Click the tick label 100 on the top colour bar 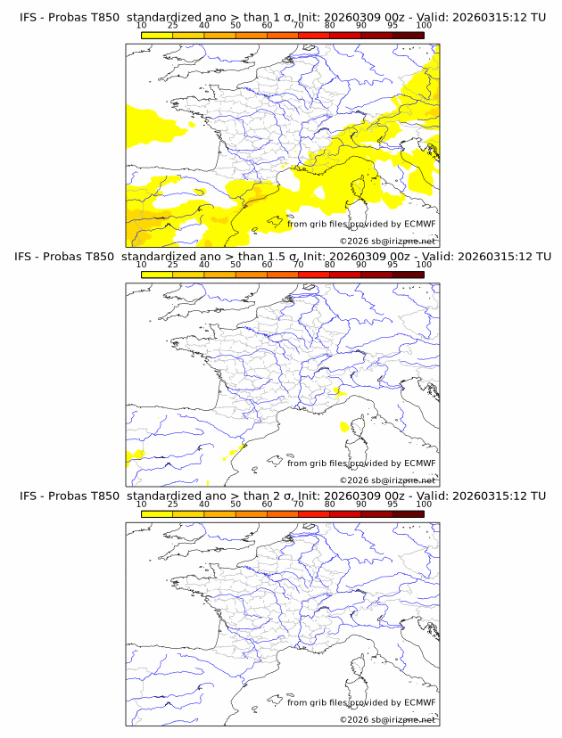tap(424, 24)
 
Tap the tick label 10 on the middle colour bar tap(141, 265)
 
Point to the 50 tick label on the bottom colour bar tap(236, 504)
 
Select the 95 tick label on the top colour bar tap(393, 24)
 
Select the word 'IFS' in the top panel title tap(30, 16)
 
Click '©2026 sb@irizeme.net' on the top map tap(388, 241)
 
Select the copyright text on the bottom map tap(388, 719)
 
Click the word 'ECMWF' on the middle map tap(420, 463)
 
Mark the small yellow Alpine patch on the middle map tap(337, 389)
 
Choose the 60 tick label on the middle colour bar tap(267, 265)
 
